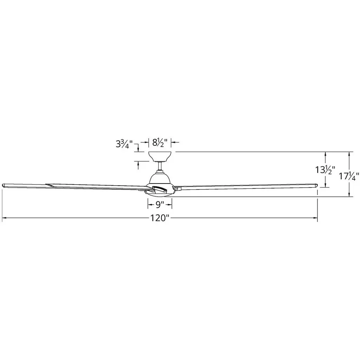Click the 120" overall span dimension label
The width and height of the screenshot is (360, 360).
click(160, 218)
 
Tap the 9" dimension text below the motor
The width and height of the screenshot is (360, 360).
click(160, 204)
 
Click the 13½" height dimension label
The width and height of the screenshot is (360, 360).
click(325, 170)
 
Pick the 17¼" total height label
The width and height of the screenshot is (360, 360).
click(349, 176)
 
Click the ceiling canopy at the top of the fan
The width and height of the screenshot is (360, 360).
click(160, 156)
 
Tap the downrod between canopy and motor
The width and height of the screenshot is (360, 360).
click(160, 166)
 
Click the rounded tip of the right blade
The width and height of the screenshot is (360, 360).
click(316, 185)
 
